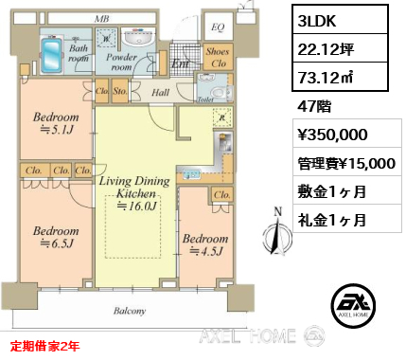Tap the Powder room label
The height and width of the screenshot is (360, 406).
tap(121, 62)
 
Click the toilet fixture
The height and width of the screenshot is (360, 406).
tap(220, 92)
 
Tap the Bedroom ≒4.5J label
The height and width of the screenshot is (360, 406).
tap(205, 246)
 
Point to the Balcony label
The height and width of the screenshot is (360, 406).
tap(130, 311)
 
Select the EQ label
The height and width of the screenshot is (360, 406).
tap(217, 27)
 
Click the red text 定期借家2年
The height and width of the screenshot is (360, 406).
tap(45, 348)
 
